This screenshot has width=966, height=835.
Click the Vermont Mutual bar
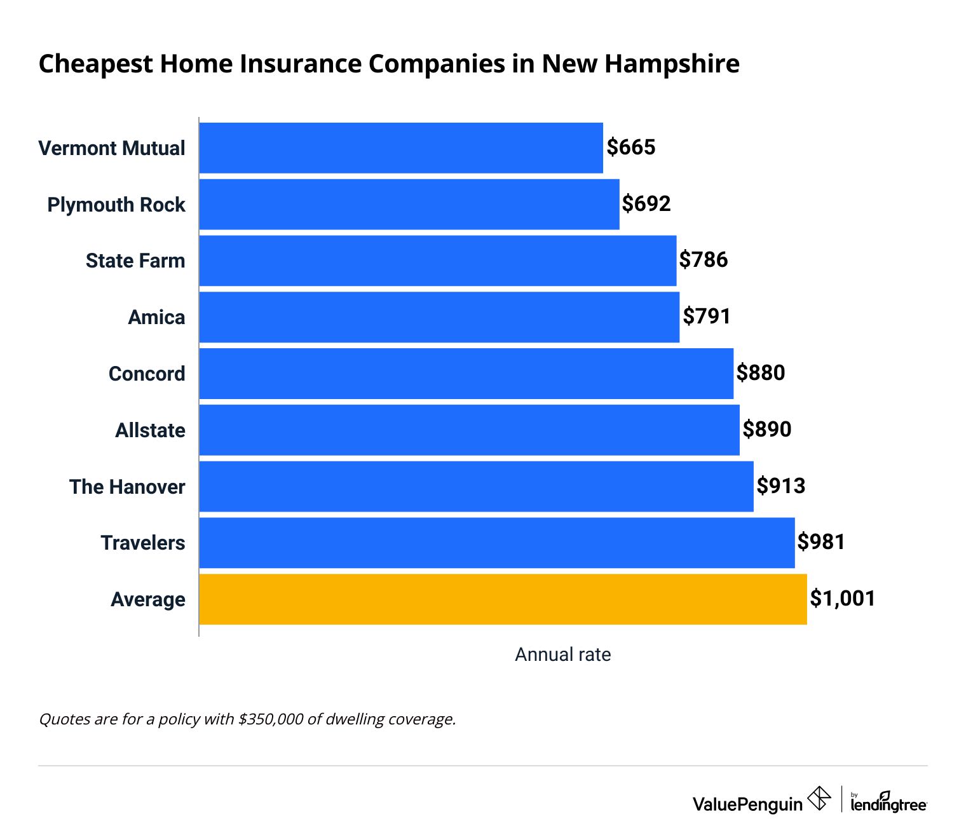pos(401,148)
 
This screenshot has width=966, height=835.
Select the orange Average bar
pos(503,599)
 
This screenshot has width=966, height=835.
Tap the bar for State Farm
pos(438,261)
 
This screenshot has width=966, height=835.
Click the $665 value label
pos(631,147)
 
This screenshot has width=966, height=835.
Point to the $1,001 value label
pos(843,599)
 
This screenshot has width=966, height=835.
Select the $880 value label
pos(761,373)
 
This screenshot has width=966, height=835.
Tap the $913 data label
pos(781,486)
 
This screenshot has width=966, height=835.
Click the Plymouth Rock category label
pos(116,205)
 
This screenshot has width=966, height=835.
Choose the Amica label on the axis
pos(156,317)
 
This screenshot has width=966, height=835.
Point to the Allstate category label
pos(150,430)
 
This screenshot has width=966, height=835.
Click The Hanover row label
pos(127,487)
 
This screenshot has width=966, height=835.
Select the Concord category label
pos(147,374)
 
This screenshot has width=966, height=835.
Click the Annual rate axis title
pos(562,655)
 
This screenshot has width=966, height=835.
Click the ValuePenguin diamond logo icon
pos(819,798)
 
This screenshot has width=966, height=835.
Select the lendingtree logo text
pos(888,803)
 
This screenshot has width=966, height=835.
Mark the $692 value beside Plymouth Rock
pos(646,204)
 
